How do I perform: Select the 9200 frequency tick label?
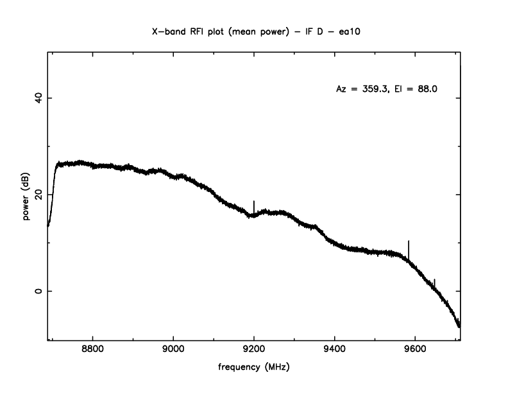(254, 352)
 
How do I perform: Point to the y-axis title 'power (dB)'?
(27, 195)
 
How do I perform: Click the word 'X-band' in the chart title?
(168, 30)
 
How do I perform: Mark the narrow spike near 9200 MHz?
(254, 205)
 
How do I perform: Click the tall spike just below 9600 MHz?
(409, 247)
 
